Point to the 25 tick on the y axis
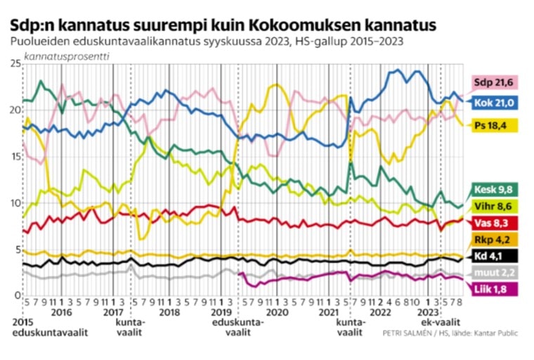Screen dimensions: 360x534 [13, 64]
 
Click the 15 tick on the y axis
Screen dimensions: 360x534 [13, 156]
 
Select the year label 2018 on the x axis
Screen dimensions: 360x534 [169, 311]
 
